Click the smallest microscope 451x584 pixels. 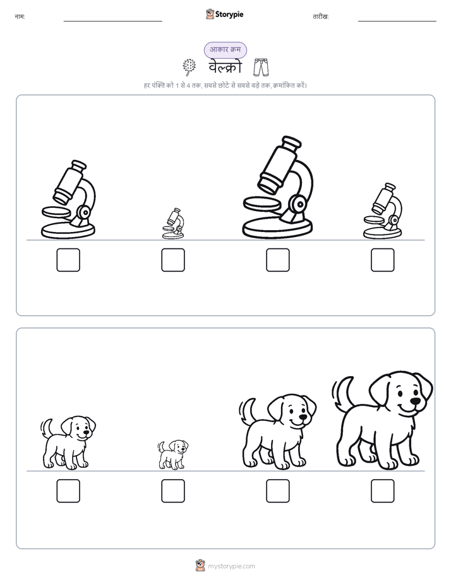coord(173,224)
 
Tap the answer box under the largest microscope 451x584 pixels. coord(277,260)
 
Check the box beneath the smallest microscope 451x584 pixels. coord(173,260)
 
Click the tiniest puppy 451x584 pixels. coord(172,455)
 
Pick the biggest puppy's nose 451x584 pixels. coord(415,401)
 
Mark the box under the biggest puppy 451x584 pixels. coord(383,491)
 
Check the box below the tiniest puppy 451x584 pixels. coord(173,491)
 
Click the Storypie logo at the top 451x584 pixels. coord(224,14)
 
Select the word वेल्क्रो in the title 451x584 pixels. coord(225,68)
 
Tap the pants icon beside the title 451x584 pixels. coord(262,68)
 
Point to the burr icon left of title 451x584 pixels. coord(189,67)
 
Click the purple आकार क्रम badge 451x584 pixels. coord(225,50)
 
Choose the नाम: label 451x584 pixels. coord(20,16)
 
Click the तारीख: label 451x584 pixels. coord(321,16)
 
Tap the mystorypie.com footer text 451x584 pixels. coord(231,566)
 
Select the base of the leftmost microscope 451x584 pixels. coord(68,231)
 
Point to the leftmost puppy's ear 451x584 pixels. coord(67,427)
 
